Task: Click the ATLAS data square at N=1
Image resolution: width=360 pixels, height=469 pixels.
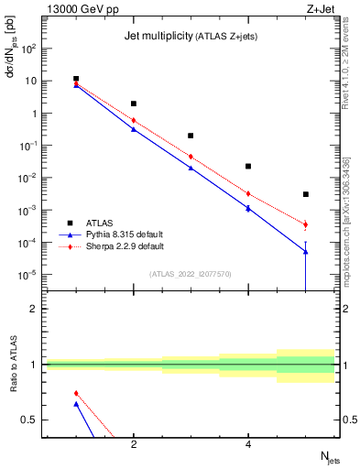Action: [x=76, y=80]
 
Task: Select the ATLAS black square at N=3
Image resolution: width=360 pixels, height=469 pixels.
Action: [x=191, y=136]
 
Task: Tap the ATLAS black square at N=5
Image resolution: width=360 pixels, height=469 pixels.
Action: [x=306, y=194]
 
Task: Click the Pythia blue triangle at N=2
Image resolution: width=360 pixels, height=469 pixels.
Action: [x=134, y=129]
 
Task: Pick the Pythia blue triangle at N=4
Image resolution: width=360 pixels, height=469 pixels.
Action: [x=248, y=209]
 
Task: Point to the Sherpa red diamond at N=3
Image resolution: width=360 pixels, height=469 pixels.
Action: [x=191, y=156]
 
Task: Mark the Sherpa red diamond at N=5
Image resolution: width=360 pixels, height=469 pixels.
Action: [x=306, y=224]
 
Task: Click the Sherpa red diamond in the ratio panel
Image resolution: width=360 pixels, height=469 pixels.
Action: [x=76, y=393]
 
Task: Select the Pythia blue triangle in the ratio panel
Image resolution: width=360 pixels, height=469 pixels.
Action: [x=76, y=404]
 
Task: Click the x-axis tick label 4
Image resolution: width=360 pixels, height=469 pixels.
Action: [x=248, y=444]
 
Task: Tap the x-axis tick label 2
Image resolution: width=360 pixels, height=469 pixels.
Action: [x=134, y=444]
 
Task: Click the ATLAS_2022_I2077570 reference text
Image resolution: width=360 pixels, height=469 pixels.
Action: [x=190, y=274]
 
